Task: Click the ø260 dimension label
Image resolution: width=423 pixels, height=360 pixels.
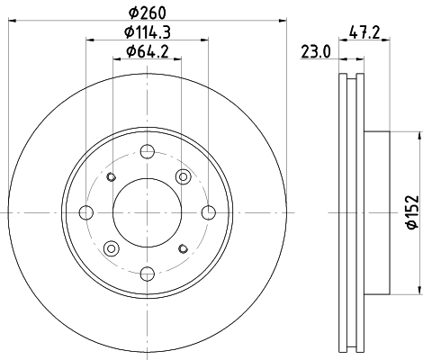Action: click(x=148, y=12)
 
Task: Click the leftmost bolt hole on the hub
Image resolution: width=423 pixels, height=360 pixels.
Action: click(x=86, y=212)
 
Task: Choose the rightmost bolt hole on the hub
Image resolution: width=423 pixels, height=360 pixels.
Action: click(x=209, y=212)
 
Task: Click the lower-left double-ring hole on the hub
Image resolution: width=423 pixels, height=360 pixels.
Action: click(x=112, y=248)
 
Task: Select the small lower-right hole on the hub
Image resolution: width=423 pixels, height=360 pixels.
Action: click(x=184, y=248)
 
